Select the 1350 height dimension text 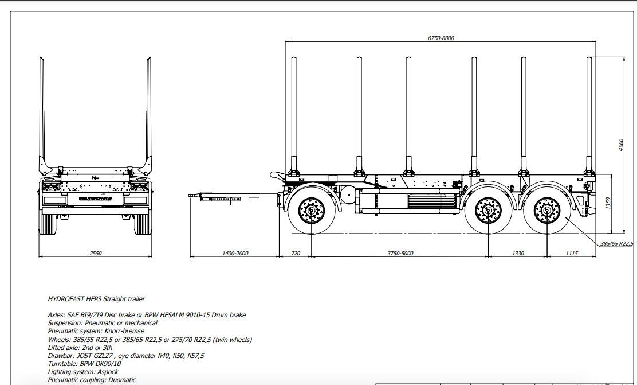[608, 203]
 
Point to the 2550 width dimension [96, 253]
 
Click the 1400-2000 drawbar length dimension [235, 253]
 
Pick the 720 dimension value [296, 253]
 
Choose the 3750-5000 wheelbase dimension [400, 253]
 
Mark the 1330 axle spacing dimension [518, 253]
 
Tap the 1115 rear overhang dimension [571, 253]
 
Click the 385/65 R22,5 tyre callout [616, 244]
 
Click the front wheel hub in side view [311, 211]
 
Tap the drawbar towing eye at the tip [191, 196]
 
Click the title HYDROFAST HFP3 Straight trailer [96, 299]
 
